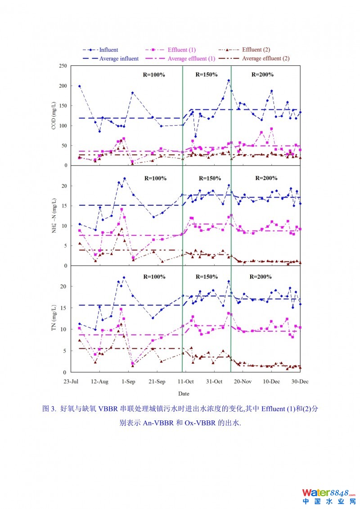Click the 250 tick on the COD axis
63,66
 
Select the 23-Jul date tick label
72,382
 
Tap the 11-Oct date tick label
186,382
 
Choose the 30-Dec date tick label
300,382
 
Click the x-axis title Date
184,394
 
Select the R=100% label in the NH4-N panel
155,178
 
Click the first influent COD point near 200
80,86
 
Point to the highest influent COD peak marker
229,81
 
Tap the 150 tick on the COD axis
63,106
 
